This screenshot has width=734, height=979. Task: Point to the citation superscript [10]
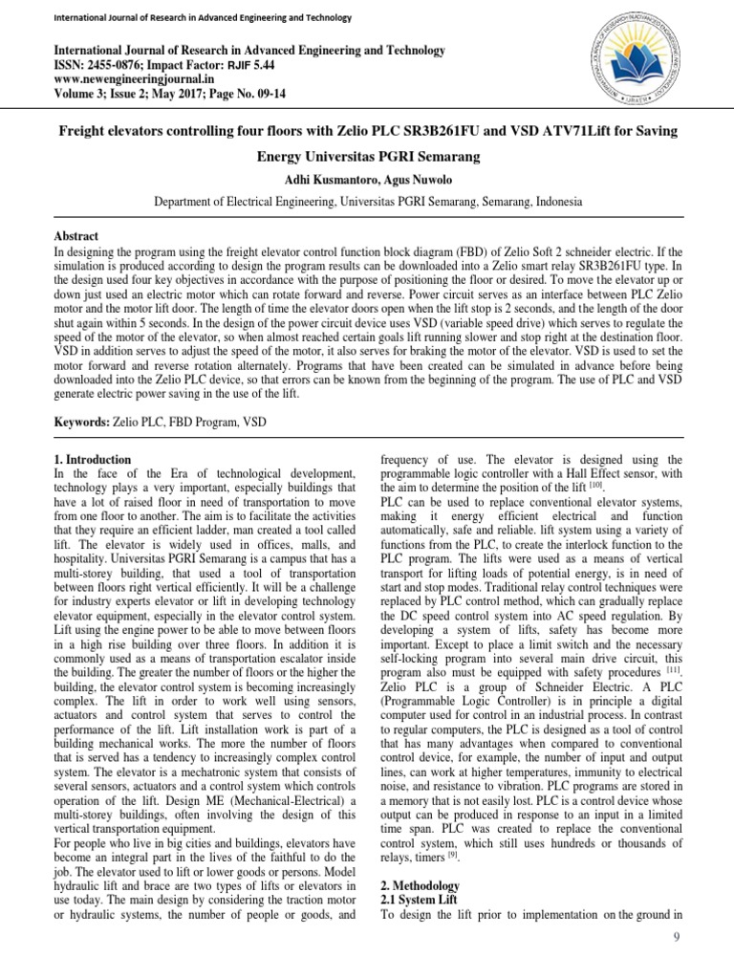coord(595,486)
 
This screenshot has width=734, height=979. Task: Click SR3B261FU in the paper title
coord(426,129)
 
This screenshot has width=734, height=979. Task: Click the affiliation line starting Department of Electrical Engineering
coord(366,203)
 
